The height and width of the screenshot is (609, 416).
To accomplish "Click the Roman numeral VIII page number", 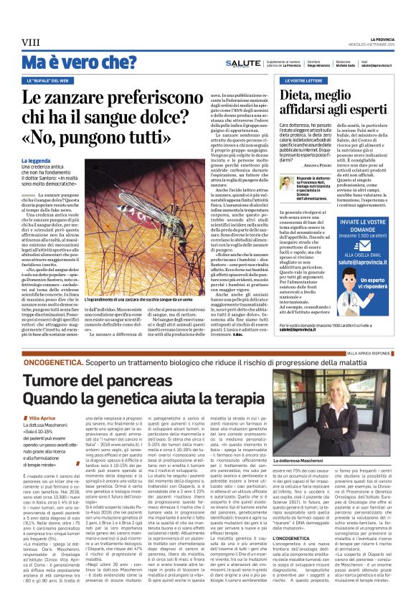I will click(31, 42).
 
